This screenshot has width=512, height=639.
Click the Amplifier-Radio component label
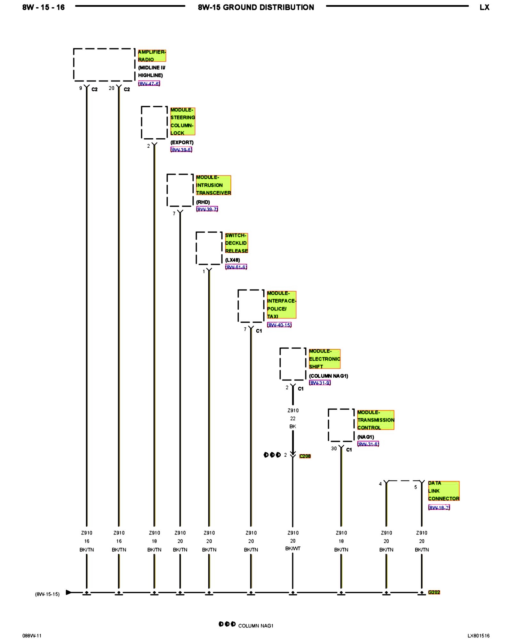coord(152,56)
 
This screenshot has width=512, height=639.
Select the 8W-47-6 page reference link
coord(149,84)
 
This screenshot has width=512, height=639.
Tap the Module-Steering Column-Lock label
coord(182,121)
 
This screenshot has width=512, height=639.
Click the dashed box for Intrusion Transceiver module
coord(180,190)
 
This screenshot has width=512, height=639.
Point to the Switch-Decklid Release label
coord(236,243)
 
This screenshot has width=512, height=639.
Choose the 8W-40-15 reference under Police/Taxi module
coord(279,325)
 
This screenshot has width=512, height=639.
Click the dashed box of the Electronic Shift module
coord(293,364)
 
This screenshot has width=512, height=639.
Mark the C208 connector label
coord(305,456)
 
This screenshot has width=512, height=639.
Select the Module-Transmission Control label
coord(375,420)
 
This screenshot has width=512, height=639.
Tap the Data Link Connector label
coord(444,491)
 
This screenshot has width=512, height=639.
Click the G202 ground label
coord(434,592)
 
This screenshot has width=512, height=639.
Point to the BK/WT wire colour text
coord(293,549)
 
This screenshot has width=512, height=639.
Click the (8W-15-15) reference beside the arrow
coord(47,594)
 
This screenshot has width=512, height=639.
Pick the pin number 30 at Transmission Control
coord(334,449)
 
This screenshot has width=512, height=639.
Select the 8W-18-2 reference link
coord(439,507)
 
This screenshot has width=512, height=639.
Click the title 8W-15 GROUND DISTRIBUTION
coord(256,7)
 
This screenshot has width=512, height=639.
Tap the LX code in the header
coord(484,7)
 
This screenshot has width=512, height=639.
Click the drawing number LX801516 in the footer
coord(478,635)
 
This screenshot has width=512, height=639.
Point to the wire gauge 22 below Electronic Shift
coord(293,419)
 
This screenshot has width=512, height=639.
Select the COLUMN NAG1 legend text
coord(256,626)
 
